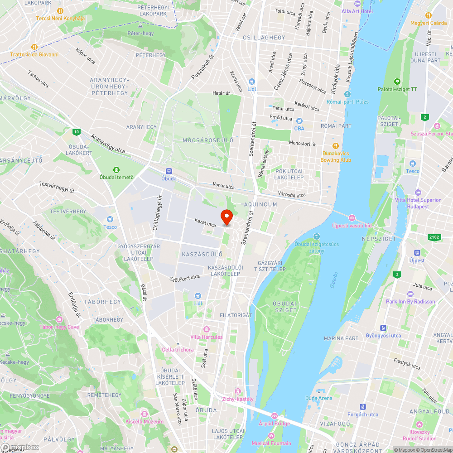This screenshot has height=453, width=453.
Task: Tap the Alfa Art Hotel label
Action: tap(357, 11)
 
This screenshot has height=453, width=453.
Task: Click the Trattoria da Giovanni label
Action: tap(34, 54)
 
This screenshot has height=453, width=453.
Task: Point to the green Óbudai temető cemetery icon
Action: tap(117, 169)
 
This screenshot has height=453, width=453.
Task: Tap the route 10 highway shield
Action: tap(76, 132)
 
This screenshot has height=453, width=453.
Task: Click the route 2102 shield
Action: tap(434, 237)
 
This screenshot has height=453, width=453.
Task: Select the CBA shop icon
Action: tap(299, 121)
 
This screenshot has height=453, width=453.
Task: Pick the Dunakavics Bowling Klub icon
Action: tap(336, 145)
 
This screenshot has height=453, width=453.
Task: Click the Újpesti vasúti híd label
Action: tap(352, 225)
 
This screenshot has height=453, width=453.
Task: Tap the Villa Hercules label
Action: tap(207, 337)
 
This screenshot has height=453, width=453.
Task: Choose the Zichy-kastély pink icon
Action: tap(237, 391)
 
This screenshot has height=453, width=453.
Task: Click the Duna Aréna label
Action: tap(318, 398)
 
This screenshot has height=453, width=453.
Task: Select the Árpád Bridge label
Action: tap(274, 423)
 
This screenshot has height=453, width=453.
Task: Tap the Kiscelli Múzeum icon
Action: tap(144, 414)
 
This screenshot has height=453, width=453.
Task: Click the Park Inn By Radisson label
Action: tap(410, 301)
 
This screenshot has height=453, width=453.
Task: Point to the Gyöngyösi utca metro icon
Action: tap(383, 328)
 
